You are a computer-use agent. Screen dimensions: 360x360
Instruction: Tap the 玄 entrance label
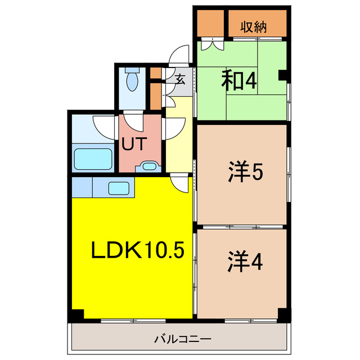179,79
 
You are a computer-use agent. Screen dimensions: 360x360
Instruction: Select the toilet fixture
132,81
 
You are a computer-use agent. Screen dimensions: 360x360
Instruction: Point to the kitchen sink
119,188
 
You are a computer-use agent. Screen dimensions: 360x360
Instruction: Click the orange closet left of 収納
209,23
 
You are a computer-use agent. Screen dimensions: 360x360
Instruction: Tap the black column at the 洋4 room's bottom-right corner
285,316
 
